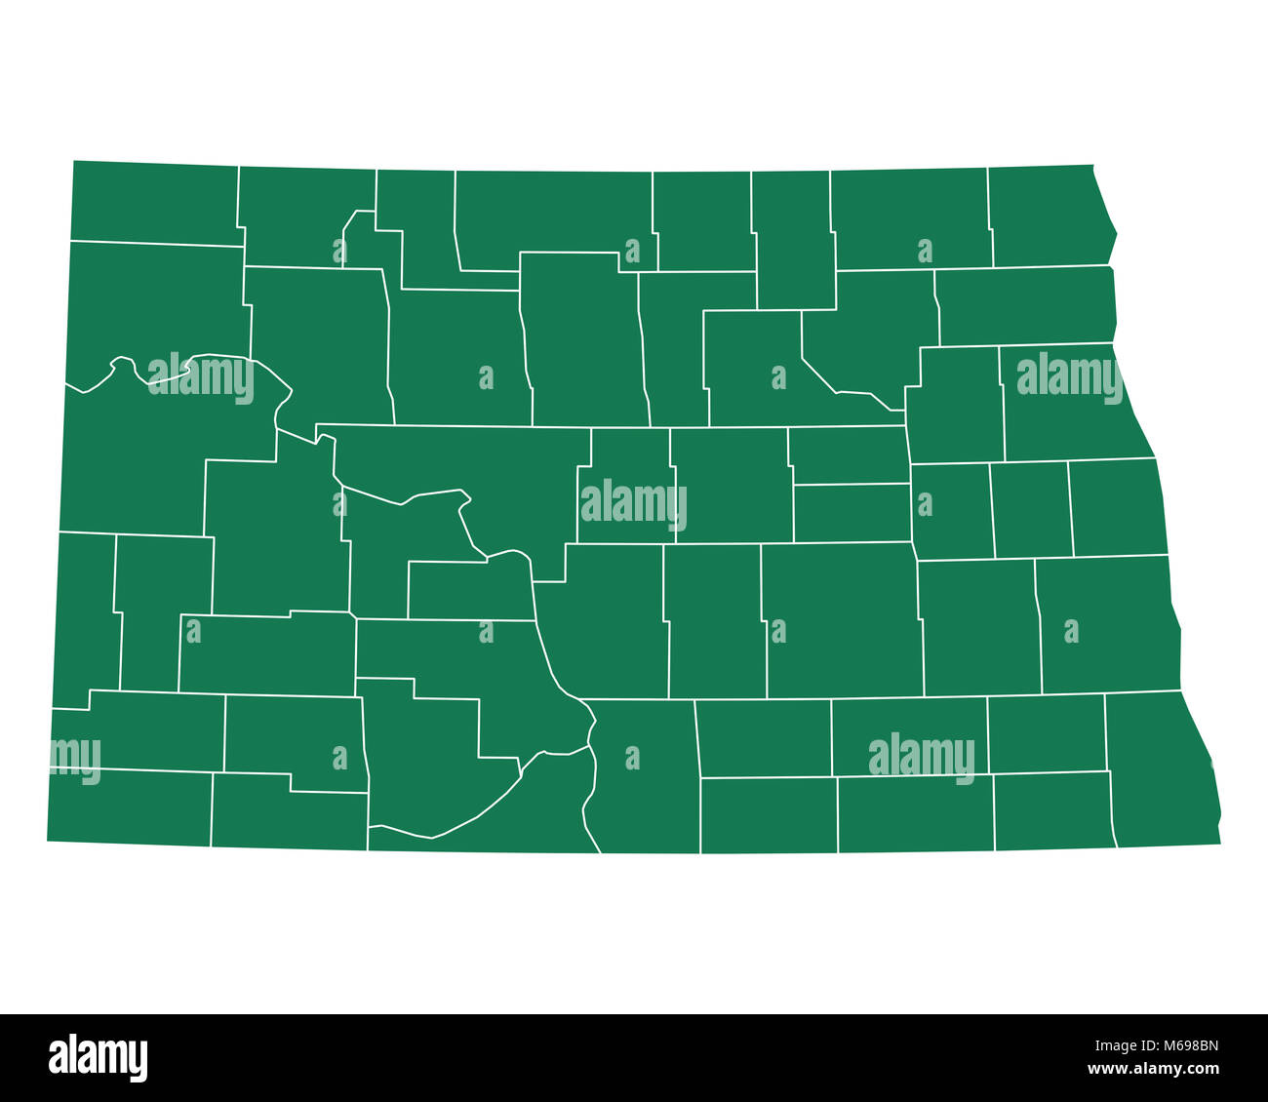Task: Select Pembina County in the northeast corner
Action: (x=1049, y=216)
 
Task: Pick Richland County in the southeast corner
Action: (x=1161, y=770)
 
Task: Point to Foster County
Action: (x=852, y=513)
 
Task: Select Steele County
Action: (x=1032, y=509)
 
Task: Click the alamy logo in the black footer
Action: (x=98, y=1058)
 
